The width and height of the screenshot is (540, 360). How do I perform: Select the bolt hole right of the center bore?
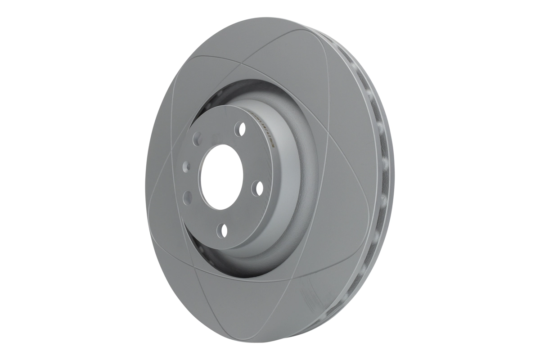[258, 187]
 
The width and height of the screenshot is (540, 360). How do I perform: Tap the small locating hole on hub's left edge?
[185, 167]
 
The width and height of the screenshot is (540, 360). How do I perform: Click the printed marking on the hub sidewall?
[265, 128]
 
